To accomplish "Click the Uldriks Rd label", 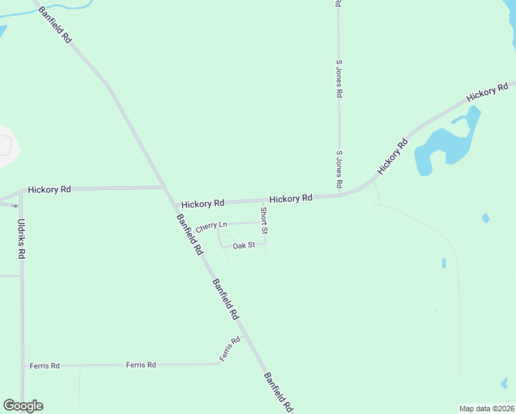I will pyautogui.click(x=21, y=239).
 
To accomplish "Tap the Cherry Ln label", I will pyautogui.click(x=211, y=226).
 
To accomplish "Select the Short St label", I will pyautogui.click(x=264, y=215).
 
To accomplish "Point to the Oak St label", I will pyautogui.click(x=244, y=246).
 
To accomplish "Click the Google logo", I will pyautogui.click(x=23, y=406).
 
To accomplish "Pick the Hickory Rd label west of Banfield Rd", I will pyautogui.click(x=49, y=189).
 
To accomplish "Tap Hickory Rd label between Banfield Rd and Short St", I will pyautogui.click(x=202, y=204).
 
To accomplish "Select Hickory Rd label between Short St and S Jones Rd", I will pyautogui.click(x=291, y=198).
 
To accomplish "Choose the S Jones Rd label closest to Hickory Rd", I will pyautogui.click(x=339, y=170).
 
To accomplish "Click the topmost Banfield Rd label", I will pyautogui.click(x=55, y=26).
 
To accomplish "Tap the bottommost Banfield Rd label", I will pyautogui.click(x=279, y=392).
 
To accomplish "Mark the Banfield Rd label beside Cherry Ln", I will pyautogui.click(x=189, y=235).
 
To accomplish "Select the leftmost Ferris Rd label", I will pyautogui.click(x=45, y=366).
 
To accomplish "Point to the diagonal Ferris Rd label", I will pyautogui.click(x=230, y=349).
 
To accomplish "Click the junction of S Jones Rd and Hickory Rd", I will pyautogui.click(x=339, y=195).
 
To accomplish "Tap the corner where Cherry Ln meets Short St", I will pyautogui.click(x=265, y=222).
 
